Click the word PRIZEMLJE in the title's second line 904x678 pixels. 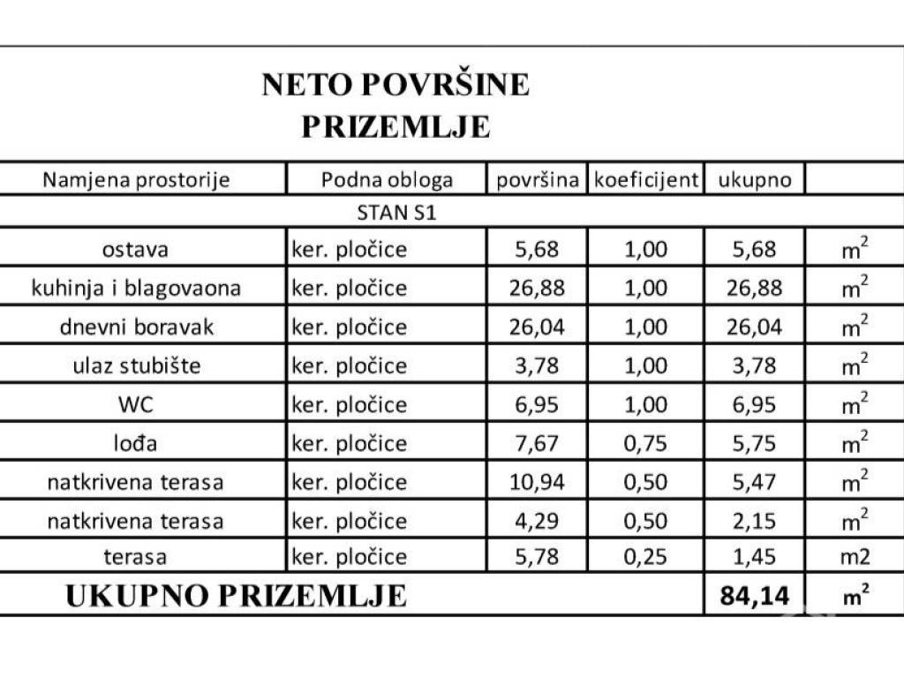(395, 126)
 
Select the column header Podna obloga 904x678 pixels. (387, 180)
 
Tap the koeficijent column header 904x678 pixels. (646, 180)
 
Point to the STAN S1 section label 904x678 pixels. (396, 212)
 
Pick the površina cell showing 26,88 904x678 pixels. (537, 289)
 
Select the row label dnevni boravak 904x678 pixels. (137, 328)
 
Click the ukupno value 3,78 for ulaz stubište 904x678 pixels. (754, 366)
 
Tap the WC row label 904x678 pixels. (136, 405)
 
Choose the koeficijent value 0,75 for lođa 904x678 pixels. (645, 444)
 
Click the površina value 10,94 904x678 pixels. (537, 483)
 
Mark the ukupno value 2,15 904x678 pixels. (754, 522)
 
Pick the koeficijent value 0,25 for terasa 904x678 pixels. (645, 558)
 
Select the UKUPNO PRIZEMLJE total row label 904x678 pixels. (237, 596)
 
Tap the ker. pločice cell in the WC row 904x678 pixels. (350, 405)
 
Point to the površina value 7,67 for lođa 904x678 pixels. (537, 444)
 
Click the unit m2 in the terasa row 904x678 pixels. (854, 558)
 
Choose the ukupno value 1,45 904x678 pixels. (754, 558)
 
